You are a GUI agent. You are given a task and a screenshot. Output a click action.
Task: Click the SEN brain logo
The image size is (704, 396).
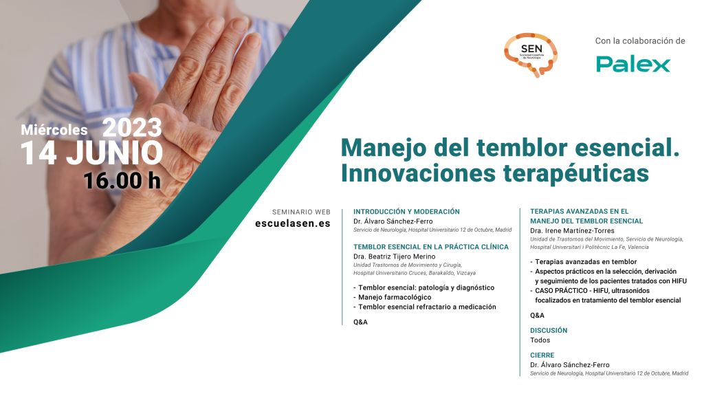point(531,54)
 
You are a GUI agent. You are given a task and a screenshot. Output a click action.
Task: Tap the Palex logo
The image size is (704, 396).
point(633,64)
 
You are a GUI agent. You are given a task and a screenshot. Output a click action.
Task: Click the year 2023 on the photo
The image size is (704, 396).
point(132,127)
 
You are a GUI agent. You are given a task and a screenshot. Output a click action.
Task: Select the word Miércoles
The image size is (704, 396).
point(54,130)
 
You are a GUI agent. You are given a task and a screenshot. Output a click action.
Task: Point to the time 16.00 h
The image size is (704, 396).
point(122,181)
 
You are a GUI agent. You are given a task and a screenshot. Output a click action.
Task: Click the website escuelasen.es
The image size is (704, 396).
point(293,223)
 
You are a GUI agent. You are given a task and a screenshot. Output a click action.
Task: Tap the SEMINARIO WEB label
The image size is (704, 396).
point(301,212)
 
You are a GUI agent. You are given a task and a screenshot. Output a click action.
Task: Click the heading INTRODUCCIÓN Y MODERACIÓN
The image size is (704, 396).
point(406,212)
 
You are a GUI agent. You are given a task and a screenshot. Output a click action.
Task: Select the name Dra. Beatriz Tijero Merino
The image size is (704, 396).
point(394,256)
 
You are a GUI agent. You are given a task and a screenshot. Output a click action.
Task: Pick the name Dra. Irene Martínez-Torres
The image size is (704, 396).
point(572,230)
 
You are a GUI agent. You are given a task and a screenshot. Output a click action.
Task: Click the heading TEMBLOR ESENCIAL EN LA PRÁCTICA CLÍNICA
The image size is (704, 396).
point(431,247)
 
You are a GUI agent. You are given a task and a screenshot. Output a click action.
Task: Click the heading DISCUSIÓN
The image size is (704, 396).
point(549,331)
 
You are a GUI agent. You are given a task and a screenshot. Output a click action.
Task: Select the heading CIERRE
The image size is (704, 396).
point(542,355)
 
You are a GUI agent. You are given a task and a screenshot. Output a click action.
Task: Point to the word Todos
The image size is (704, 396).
point(540,340)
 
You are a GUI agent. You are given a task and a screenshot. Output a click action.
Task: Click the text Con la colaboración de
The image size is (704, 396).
point(640,41)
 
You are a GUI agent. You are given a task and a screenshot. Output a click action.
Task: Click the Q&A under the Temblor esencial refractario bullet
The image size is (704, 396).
point(360,322)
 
